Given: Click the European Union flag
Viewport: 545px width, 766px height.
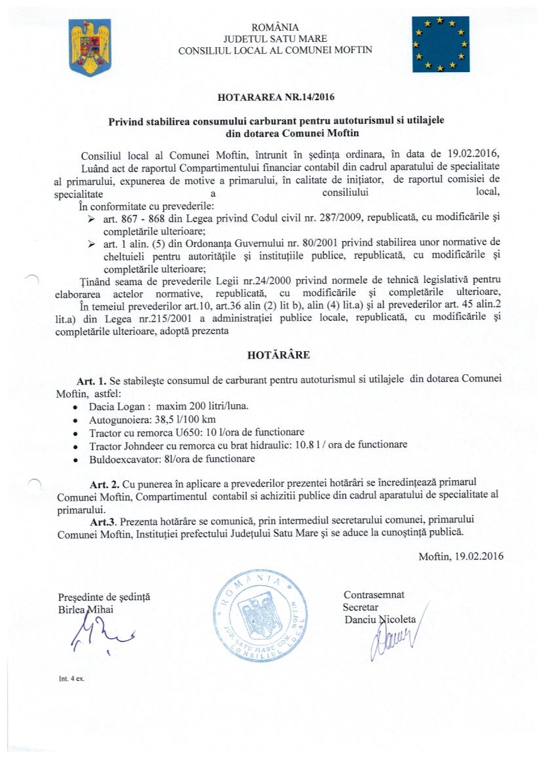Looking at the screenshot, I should click(440, 45).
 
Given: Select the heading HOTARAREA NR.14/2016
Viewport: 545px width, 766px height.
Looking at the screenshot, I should click(276, 98).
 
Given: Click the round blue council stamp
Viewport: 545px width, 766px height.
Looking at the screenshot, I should click(260, 614).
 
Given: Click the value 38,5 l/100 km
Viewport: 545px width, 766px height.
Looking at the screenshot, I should click(193, 419).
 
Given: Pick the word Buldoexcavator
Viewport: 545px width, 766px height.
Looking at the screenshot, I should click(121, 459).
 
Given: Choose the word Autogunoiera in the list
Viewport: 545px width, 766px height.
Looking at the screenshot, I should click(117, 419).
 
